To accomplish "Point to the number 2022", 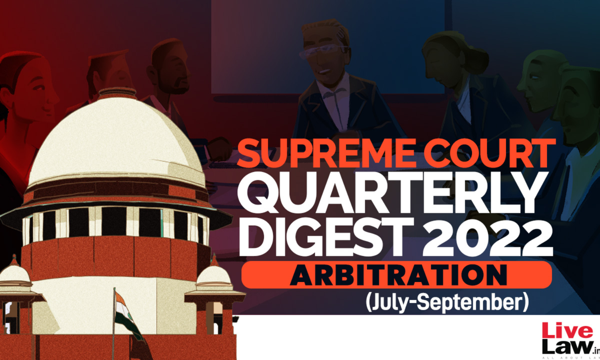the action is point(488,237).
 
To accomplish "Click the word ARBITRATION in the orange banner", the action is point(398,275).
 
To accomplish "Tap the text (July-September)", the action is point(447,303).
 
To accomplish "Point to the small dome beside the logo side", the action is point(214,273).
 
